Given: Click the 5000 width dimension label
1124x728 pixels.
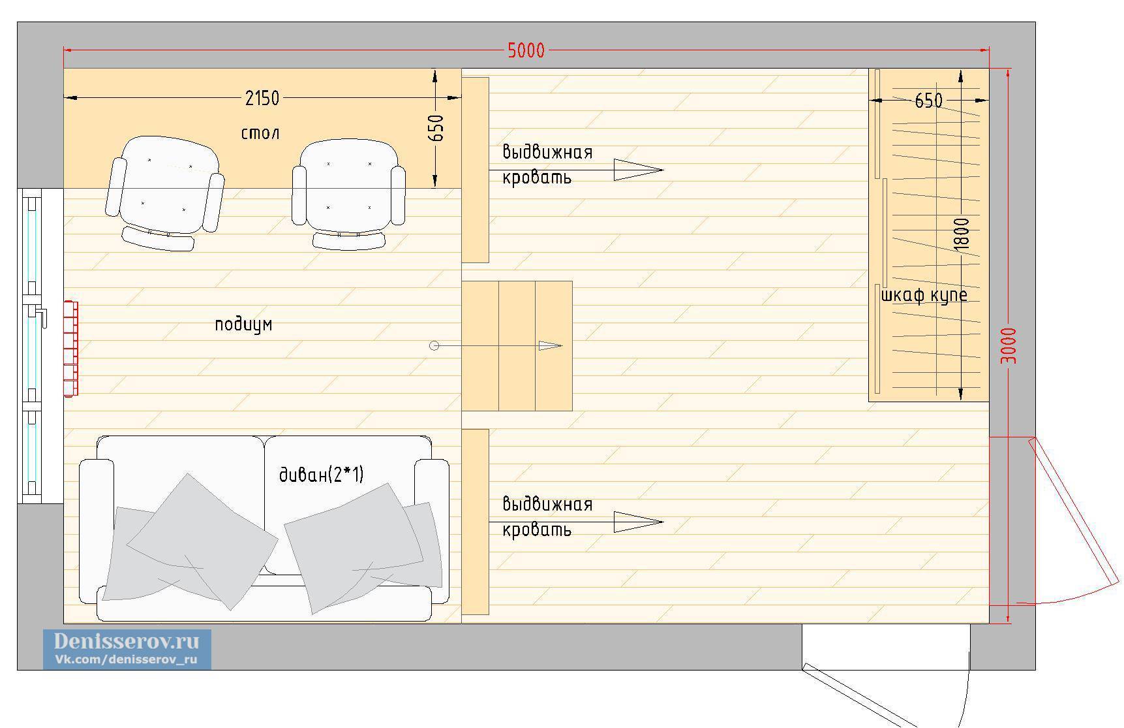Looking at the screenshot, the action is [526, 50].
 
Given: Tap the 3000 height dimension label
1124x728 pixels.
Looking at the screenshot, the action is [1009, 346].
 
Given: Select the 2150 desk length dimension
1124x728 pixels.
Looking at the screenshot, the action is [262, 98].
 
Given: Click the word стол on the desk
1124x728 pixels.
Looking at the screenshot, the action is [260, 133].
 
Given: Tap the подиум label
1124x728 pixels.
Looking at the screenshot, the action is [243, 324].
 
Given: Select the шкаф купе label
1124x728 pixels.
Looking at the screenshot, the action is [924, 295].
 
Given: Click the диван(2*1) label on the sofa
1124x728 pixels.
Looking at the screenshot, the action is [321, 475].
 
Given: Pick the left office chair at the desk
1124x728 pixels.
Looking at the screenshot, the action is [165, 193].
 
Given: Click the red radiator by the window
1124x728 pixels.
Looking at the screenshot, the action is [70, 348].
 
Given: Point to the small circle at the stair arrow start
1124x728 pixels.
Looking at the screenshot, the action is [434, 345].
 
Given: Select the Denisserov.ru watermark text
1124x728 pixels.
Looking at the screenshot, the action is [127, 641].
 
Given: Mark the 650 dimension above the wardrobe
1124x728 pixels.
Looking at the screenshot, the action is [928, 101].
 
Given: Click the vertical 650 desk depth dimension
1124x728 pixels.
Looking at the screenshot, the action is [438, 128].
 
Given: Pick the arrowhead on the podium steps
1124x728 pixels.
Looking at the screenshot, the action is [551, 345].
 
